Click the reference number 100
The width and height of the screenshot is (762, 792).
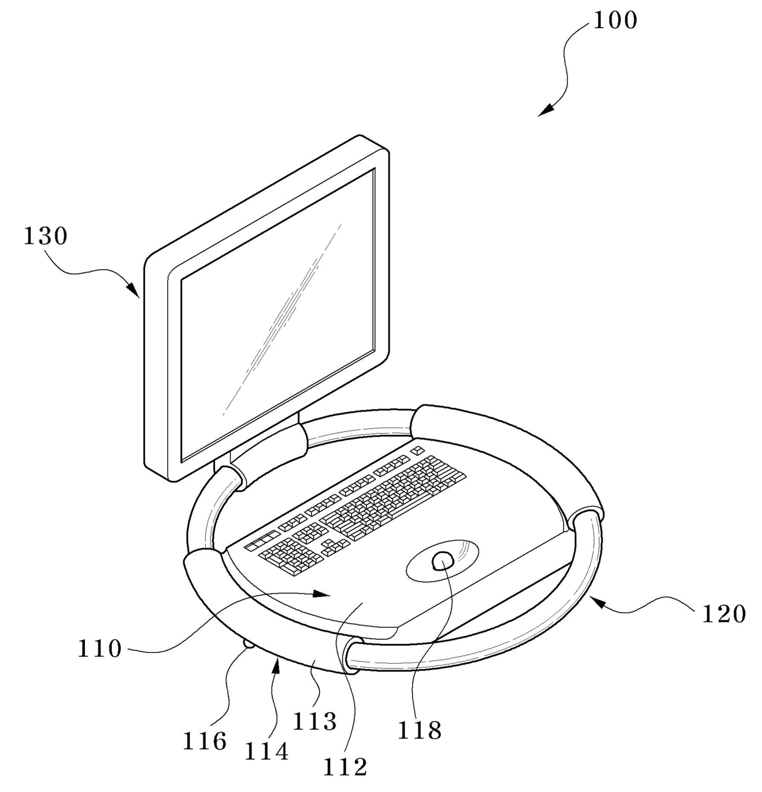click(615, 20)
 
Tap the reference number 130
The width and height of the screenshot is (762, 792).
click(45, 236)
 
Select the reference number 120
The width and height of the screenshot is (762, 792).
click(723, 613)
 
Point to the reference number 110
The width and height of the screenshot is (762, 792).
click(100, 648)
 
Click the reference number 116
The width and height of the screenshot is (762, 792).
click(204, 741)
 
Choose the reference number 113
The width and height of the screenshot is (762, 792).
click(315, 721)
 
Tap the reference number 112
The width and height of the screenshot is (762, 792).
click(345, 766)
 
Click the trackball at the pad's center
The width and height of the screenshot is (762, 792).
click(443, 560)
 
